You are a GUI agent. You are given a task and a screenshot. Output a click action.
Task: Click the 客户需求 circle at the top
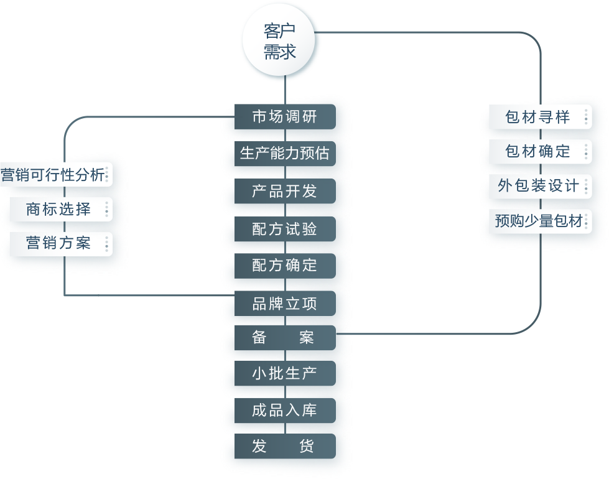coord(280,41)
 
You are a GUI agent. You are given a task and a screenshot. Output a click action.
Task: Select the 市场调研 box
coord(285,117)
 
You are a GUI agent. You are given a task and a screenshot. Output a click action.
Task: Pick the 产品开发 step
coord(285,191)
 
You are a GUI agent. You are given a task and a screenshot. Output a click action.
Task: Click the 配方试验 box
coord(285,229)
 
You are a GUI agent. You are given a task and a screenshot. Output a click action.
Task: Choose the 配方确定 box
coord(285,266)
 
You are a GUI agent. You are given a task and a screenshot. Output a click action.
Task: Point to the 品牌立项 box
coord(285,304)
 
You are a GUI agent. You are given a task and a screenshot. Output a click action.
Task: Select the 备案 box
coord(285,338)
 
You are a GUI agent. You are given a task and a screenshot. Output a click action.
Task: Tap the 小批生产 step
coord(285,374)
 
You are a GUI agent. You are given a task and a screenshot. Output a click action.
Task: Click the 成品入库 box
coord(285,411)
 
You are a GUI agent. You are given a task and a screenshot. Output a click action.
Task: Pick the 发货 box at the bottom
coord(285,447)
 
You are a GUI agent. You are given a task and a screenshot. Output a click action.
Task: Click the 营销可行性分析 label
coord(53,175)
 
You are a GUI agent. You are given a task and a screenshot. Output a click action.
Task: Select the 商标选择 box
coord(58,210)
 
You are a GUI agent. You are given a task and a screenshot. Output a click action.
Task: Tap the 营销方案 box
coord(58,243)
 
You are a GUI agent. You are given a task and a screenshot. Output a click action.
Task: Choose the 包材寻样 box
coord(537,117)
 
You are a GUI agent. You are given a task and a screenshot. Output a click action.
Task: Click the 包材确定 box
coord(537,151)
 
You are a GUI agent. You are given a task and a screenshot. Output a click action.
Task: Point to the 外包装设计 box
coord(537,185)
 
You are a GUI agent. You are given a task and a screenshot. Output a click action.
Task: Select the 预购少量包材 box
coord(539,221)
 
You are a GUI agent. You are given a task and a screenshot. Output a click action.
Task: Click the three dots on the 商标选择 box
coord(106,210)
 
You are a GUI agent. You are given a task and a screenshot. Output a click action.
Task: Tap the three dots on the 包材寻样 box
coord(585,117)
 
